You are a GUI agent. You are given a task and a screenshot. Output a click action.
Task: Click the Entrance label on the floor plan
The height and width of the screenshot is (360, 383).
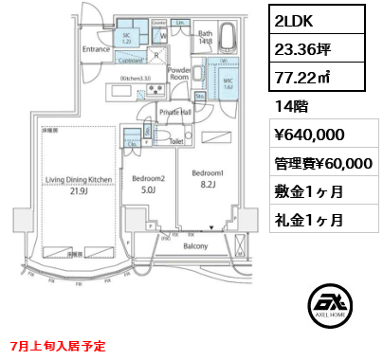[x=98, y=49]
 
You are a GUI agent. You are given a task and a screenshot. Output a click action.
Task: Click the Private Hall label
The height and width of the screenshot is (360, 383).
[x=175, y=112]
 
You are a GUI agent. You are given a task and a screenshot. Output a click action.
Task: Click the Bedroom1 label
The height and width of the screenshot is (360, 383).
[x=208, y=172]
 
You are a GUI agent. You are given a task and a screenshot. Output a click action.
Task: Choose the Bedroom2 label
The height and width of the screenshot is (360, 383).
[x=148, y=179]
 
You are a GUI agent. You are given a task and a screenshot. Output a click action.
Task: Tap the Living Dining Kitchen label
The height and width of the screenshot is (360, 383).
[x=81, y=179]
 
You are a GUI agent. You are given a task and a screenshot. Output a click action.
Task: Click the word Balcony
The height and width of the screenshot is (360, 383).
[x=196, y=245]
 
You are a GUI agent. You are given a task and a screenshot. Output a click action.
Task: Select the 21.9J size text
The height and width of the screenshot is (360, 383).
[x=81, y=192]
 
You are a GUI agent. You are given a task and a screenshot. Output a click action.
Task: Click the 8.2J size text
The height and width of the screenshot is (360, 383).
[x=208, y=187]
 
